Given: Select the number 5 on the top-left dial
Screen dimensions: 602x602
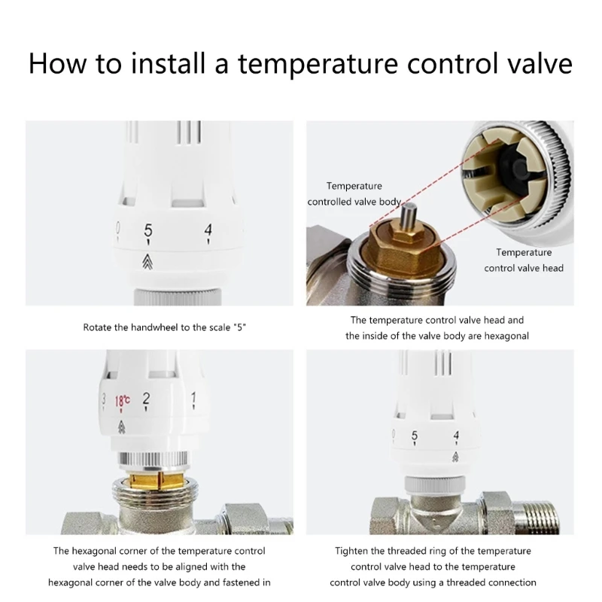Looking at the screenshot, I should point(148,231).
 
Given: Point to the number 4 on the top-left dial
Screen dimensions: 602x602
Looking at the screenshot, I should point(208,231).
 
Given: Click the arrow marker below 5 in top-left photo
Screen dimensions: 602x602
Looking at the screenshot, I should point(148,261).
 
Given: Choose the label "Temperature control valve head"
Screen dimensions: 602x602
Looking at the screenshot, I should point(524,260).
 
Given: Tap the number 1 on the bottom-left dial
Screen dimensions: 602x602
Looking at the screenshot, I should point(193,397).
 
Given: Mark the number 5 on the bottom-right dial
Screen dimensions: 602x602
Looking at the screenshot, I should point(415,436).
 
